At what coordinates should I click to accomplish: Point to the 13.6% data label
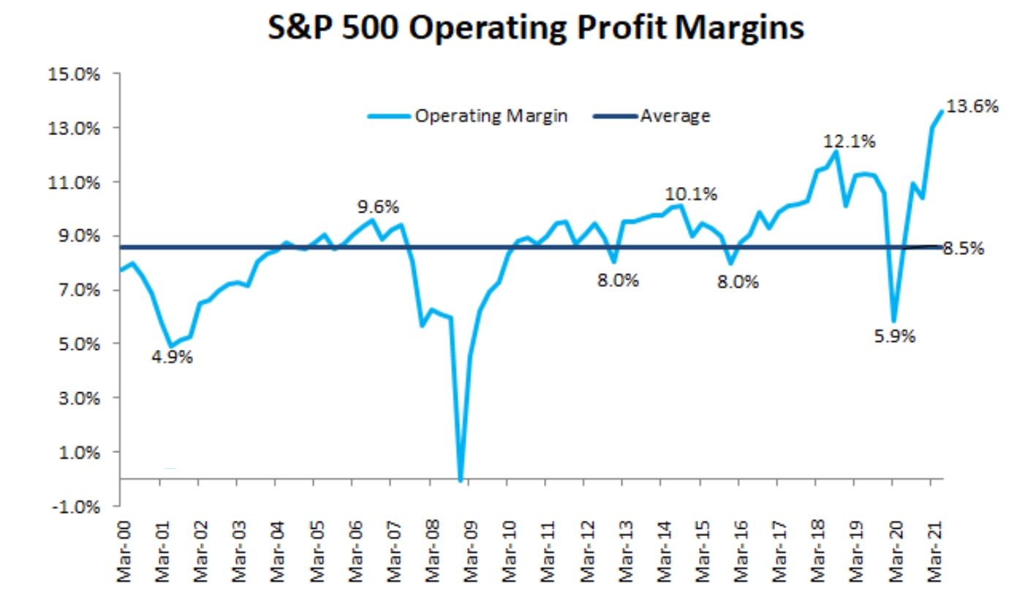pyautogui.click(x=972, y=107)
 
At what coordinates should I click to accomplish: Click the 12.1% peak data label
pyautogui.click(x=850, y=142)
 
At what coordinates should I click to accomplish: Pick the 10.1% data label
pyautogui.click(x=691, y=194)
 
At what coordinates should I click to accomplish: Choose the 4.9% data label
pyautogui.click(x=173, y=358)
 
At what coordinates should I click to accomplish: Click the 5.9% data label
pyautogui.click(x=893, y=337)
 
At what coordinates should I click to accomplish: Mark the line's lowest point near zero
pyautogui.click(x=461, y=480)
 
